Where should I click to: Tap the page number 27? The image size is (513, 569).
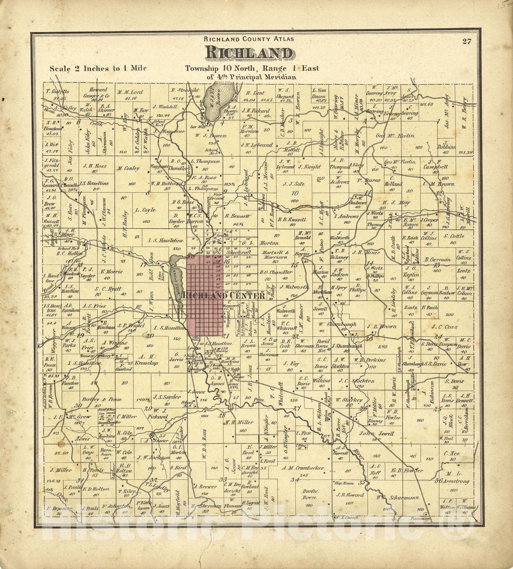tap(467, 41)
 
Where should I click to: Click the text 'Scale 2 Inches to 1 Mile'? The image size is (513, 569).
tap(98, 69)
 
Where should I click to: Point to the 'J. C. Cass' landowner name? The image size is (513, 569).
tap(445, 326)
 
